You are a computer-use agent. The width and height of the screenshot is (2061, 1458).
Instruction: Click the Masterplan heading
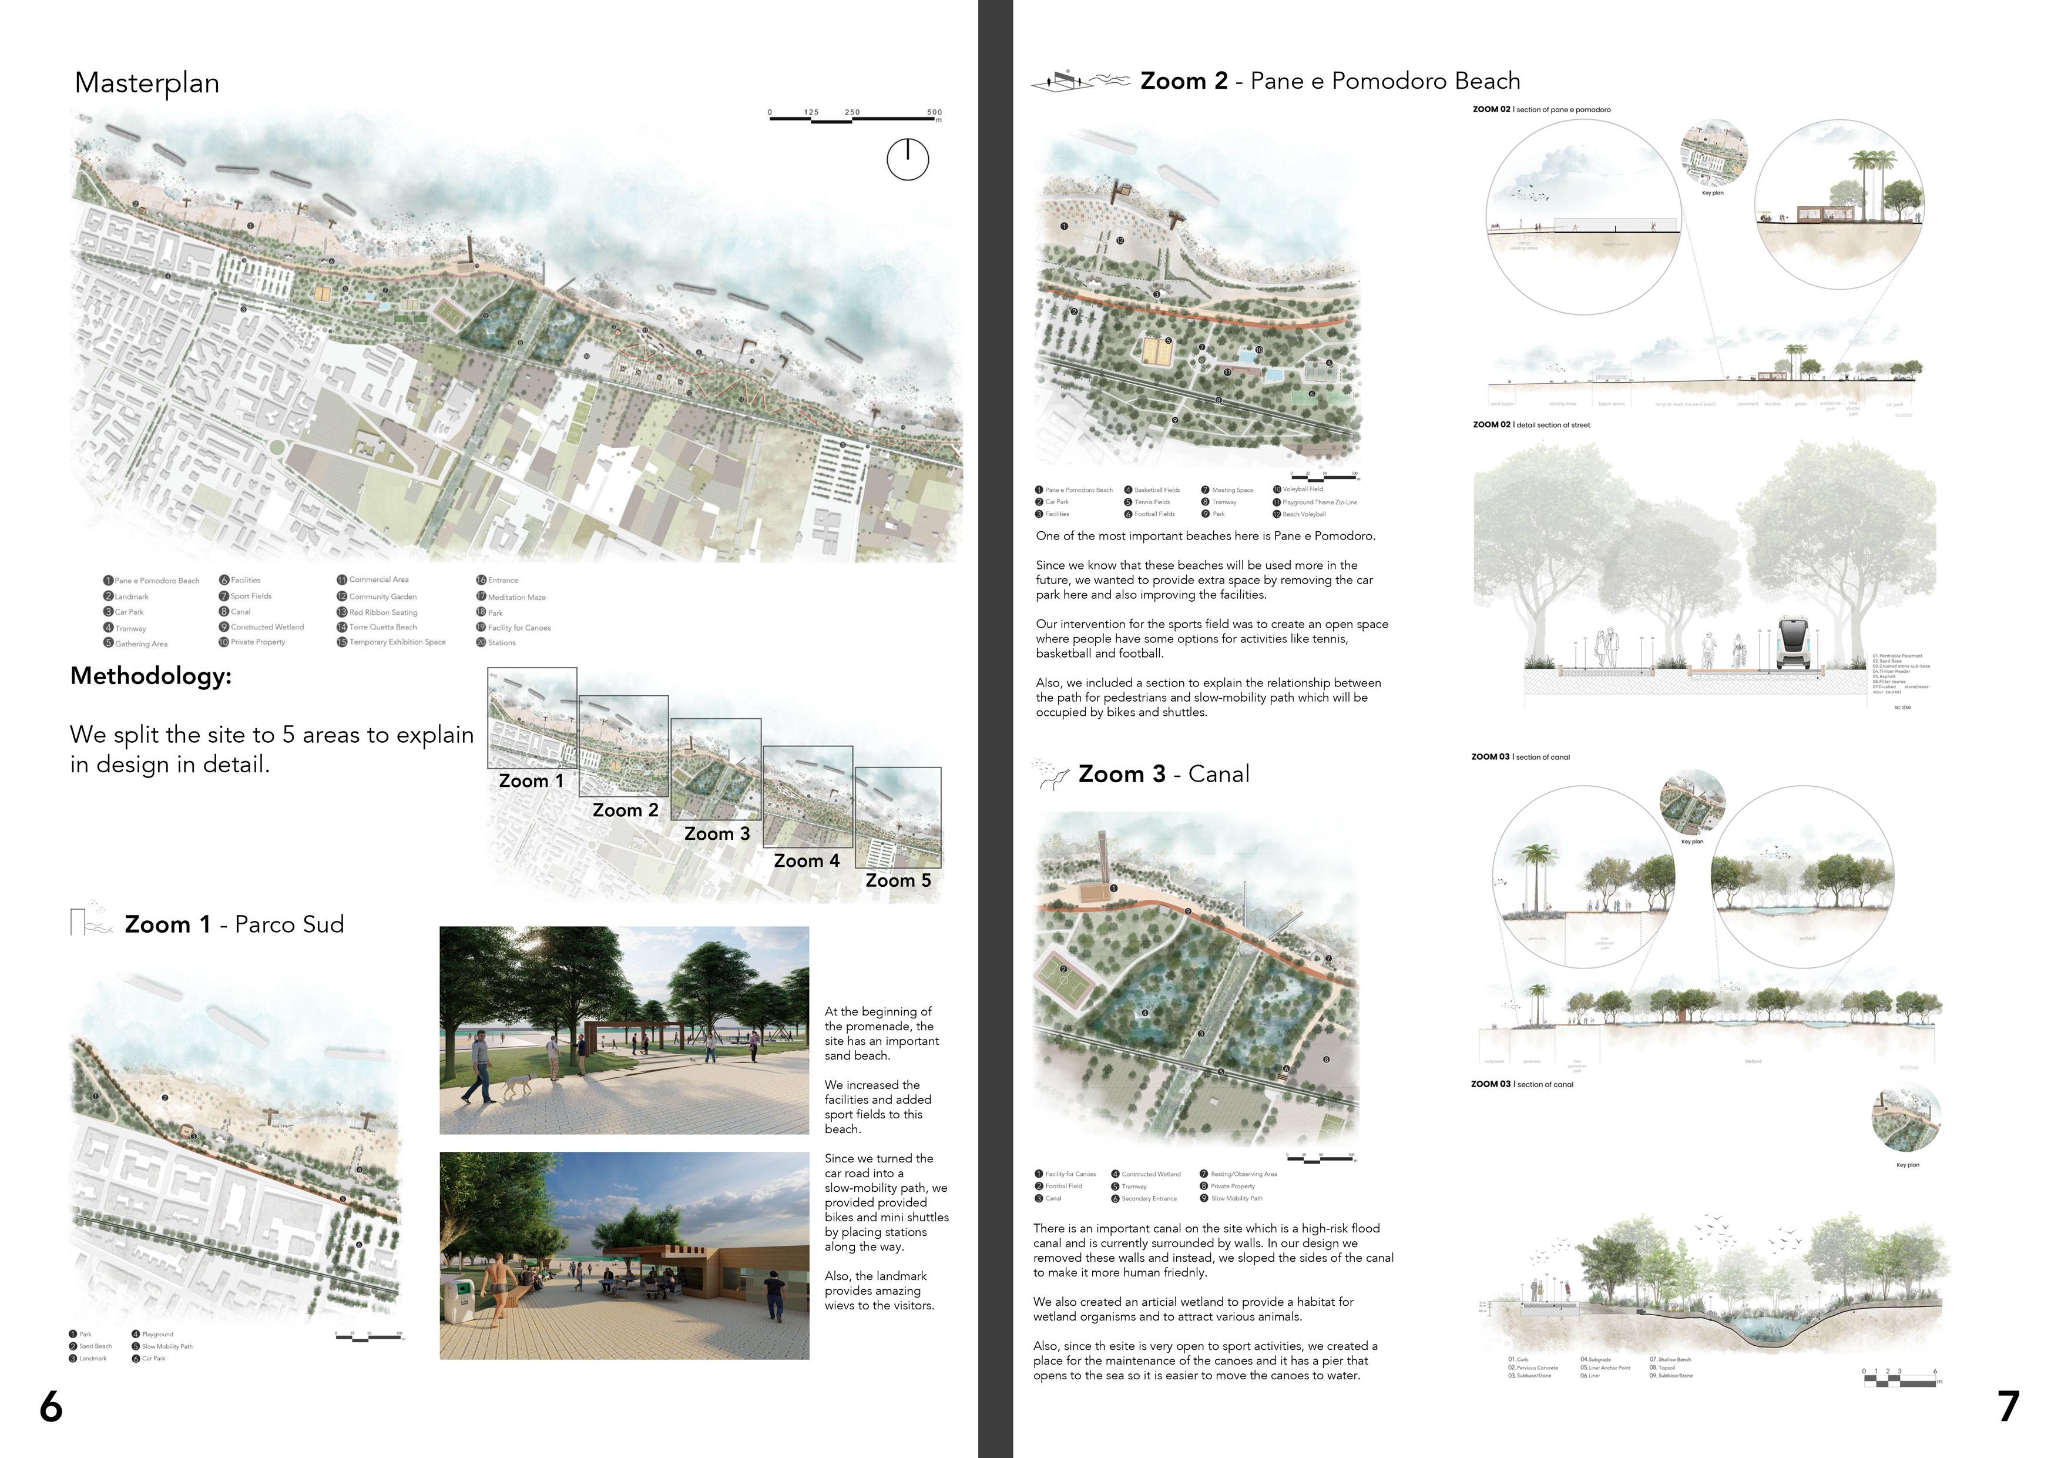[x=147, y=83]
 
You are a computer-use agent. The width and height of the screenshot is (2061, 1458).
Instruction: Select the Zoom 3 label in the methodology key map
[x=716, y=834]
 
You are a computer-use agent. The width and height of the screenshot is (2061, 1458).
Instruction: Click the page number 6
[x=51, y=1407]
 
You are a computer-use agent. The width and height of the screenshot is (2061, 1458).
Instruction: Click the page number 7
[x=2009, y=1407]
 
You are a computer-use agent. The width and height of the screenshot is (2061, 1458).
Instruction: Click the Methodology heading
[x=151, y=676]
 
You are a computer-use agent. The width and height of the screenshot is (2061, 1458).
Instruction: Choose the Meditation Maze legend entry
[x=516, y=597]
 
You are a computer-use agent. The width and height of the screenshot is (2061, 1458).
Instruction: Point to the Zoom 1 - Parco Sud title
[x=233, y=925]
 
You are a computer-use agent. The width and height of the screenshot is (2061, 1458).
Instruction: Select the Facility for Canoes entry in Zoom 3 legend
[x=1070, y=1174]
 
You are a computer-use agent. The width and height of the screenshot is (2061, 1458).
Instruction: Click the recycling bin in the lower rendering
[x=459, y=1300]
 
